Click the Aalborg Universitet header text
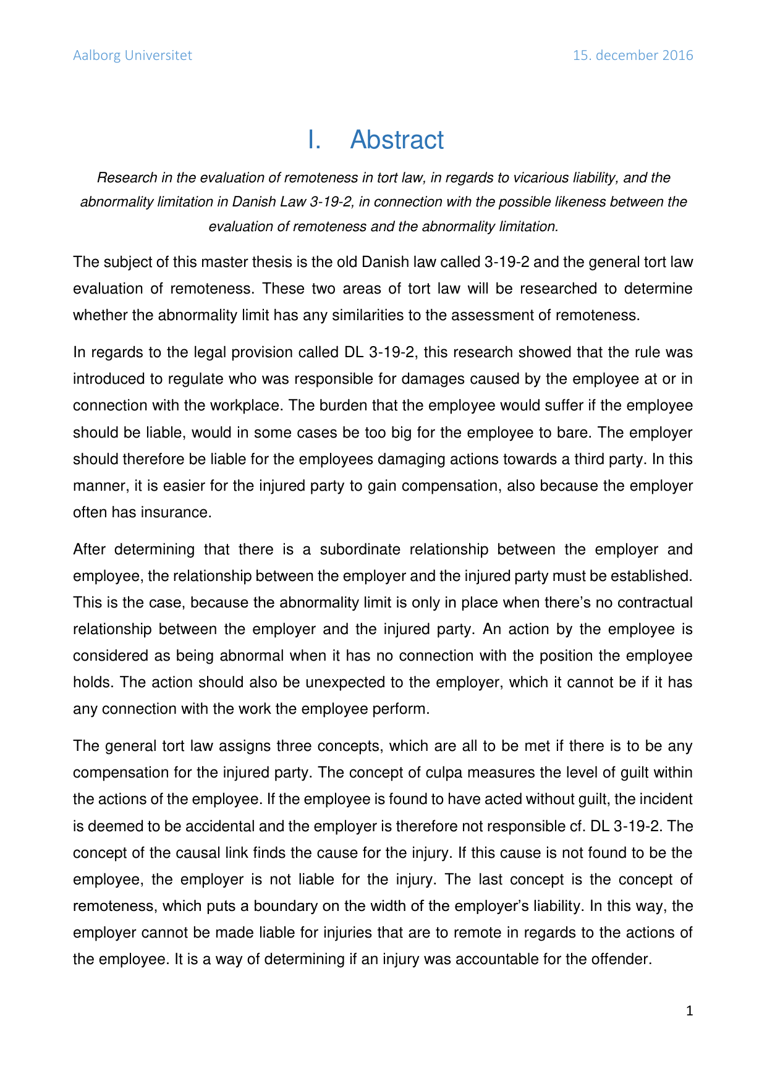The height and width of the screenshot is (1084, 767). point(132,56)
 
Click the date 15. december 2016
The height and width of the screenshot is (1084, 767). point(632,56)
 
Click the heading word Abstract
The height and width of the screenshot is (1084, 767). point(397,140)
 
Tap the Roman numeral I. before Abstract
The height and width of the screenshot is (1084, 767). point(314,140)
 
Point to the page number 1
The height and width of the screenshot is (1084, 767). point(690,1011)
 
